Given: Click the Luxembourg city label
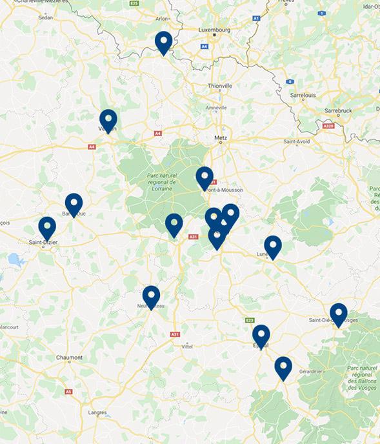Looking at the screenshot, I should click(215, 30).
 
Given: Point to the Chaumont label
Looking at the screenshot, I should click(69, 358).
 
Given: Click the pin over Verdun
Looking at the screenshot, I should click(108, 120).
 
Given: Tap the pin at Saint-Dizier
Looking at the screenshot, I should click(47, 228).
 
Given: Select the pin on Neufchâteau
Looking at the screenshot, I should click(151, 296).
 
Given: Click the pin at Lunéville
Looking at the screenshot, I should click(273, 246).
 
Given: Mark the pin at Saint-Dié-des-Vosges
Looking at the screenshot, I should click(338, 314).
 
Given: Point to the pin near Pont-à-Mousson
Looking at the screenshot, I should click(205, 177).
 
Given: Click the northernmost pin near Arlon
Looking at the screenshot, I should click(164, 42).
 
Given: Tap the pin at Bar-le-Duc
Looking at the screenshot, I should click(74, 204).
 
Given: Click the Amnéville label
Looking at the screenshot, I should click(215, 107).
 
